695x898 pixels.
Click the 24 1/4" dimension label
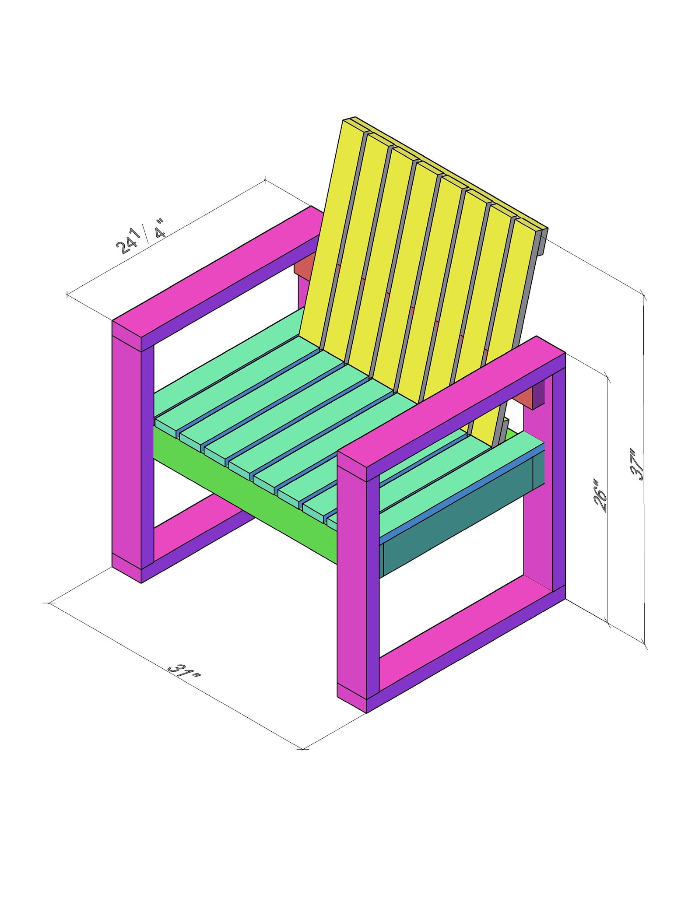click(x=141, y=239)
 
